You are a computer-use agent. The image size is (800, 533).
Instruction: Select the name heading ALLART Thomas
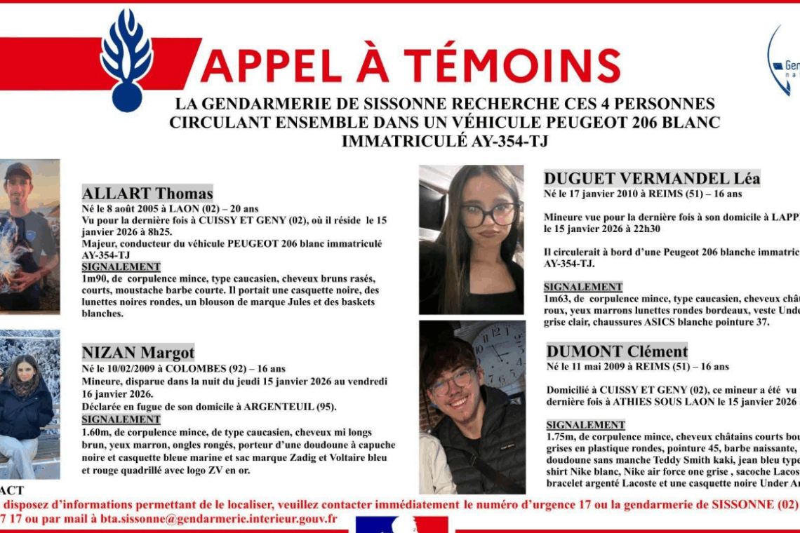click(x=147, y=194)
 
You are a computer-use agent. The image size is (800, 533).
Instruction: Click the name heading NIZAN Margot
click(x=138, y=352)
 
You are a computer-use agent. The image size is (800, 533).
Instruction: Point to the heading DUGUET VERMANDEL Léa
click(x=652, y=178)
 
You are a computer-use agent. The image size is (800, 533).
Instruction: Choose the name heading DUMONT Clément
click(x=617, y=351)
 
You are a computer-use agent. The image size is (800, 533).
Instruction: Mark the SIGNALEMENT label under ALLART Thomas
click(x=121, y=267)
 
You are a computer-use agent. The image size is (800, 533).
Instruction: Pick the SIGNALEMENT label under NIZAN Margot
click(x=121, y=419)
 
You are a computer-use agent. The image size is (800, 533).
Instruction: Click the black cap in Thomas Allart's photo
click(x=19, y=170)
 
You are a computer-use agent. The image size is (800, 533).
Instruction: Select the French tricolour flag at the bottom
click(x=401, y=525)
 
